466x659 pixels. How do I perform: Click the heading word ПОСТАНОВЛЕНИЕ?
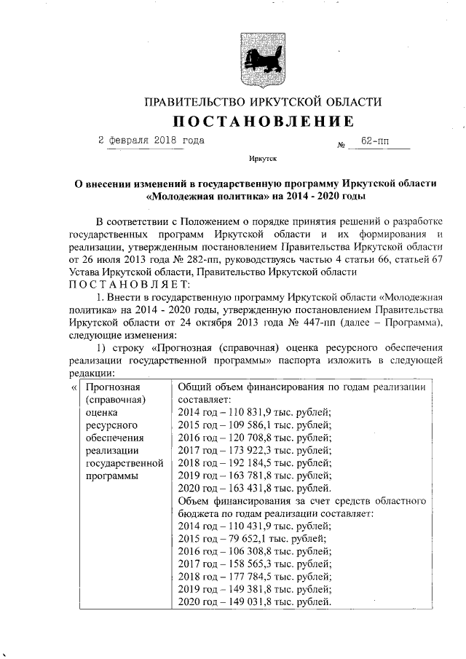coord(263,120)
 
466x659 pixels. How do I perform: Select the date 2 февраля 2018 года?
coord(151,140)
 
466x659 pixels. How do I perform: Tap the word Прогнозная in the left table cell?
coord(113,387)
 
